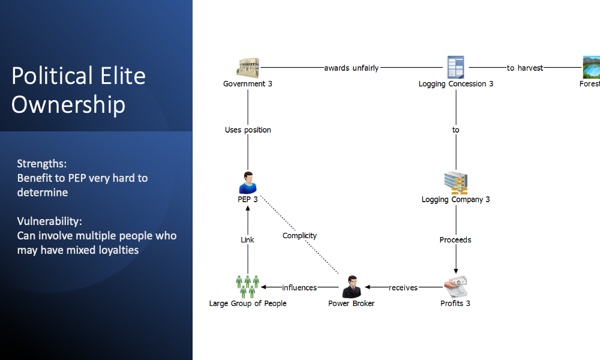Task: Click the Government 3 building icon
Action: tap(248, 67)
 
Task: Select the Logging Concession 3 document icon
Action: tap(456, 67)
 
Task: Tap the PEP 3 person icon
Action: tap(247, 182)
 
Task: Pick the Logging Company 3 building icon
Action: tap(456, 182)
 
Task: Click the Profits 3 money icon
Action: tap(455, 287)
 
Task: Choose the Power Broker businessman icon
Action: tap(351, 287)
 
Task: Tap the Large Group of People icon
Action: tap(247, 287)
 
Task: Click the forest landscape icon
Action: tap(591, 67)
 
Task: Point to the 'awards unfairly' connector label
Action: tap(352, 68)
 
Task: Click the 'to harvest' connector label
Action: tap(525, 68)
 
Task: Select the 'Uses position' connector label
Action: tap(248, 130)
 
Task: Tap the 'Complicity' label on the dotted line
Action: tap(299, 236)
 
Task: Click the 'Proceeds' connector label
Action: tap(455, 240)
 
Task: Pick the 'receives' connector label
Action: tap(403, 288)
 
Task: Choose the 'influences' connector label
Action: tap(299, 288)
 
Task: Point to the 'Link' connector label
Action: tap(247, 240)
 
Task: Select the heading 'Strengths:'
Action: tap(41, 164)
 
